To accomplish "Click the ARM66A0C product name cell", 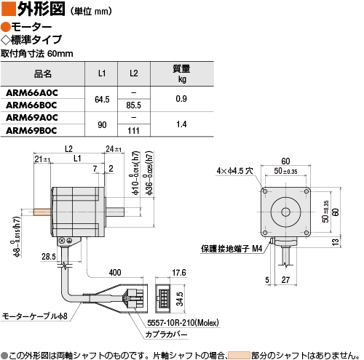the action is pyautogui.click(x=32, y=93).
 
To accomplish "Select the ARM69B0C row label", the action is pyautogui.click(x=31, y=131).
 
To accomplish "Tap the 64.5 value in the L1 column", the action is pyautogui.click(x=102, y=100).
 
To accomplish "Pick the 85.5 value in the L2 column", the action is pyautogui.click(x=133, y=105).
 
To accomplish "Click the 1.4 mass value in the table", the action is pyautogui.click(x=181, y=124).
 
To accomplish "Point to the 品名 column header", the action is pyautogui.click(x=43, y=73).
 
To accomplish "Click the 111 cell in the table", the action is pyautogui.click(x=133, y=131).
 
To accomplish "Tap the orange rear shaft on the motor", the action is pyautogui.click(x=42, y=212).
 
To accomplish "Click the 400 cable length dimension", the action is pyautogui.click(x=115, y=273).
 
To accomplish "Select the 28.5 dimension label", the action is pyautogui.click(x=49, y=257).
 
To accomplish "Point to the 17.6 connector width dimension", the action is pyautogui.click(x=179, y=273).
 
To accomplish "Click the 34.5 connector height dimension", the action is pyautogui.click(x=180, y=299).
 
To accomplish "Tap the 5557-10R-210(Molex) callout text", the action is pyautogui.click(x=183, y=323).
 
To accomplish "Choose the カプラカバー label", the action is pyautogui.click(x=166, y=335).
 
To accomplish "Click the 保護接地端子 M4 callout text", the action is pyautogui.click(x=232, y=249).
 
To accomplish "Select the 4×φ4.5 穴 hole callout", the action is pyautogui.click(x=234, y=171).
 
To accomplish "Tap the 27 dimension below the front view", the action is pyautogui.click(x=285, y=280).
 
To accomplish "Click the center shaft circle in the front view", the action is pyautogui.click(x=285, y=212).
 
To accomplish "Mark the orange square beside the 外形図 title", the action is pyautogui.click(x=9, y=9).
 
